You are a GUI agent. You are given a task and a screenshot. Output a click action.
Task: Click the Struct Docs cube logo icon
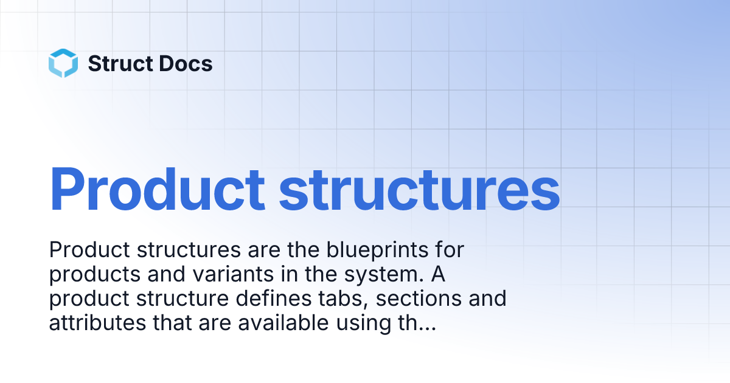[63, 63]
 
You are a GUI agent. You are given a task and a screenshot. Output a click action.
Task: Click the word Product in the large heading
[157, 188]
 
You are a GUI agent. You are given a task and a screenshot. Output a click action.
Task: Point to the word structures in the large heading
[419, 188]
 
